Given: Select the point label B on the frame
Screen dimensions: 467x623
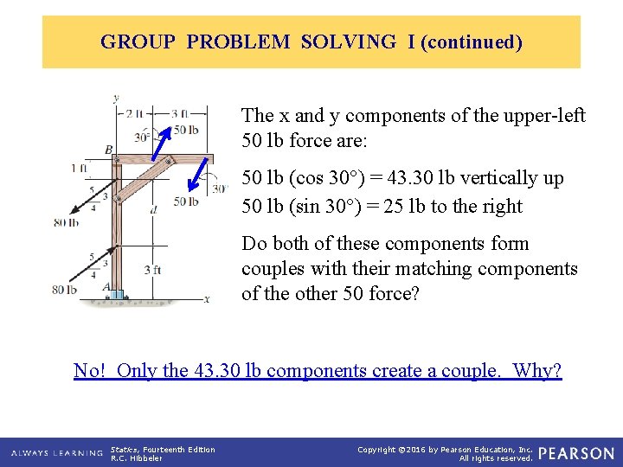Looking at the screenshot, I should pyautogui.click(x=109, y=150).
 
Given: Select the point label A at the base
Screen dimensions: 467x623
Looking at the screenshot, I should pyautogui.click(x=106, y=287).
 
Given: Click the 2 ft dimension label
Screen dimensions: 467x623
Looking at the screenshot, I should pyautogui.click(x=135, y=113).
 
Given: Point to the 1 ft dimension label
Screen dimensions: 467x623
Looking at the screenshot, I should pyautogui.click(x=79, y=168).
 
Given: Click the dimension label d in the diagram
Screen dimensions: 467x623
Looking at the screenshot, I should pyautogui.click(x=152, y=208).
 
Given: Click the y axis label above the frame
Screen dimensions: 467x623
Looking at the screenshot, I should pyautogui.click(x=116, y=98).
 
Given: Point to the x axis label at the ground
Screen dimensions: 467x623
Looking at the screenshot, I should pyautogui.click(x=207, y=299).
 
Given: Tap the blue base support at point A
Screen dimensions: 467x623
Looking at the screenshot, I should pyautogui.click(x=117, y=295).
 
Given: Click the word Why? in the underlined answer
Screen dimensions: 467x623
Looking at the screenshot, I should pyautogui.click(x=537, y=371).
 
